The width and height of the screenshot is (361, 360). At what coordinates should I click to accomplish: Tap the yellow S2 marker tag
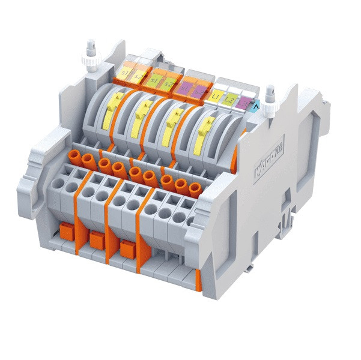[138, 76]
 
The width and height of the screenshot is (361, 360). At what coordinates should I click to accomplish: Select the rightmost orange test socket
[194, 189]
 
